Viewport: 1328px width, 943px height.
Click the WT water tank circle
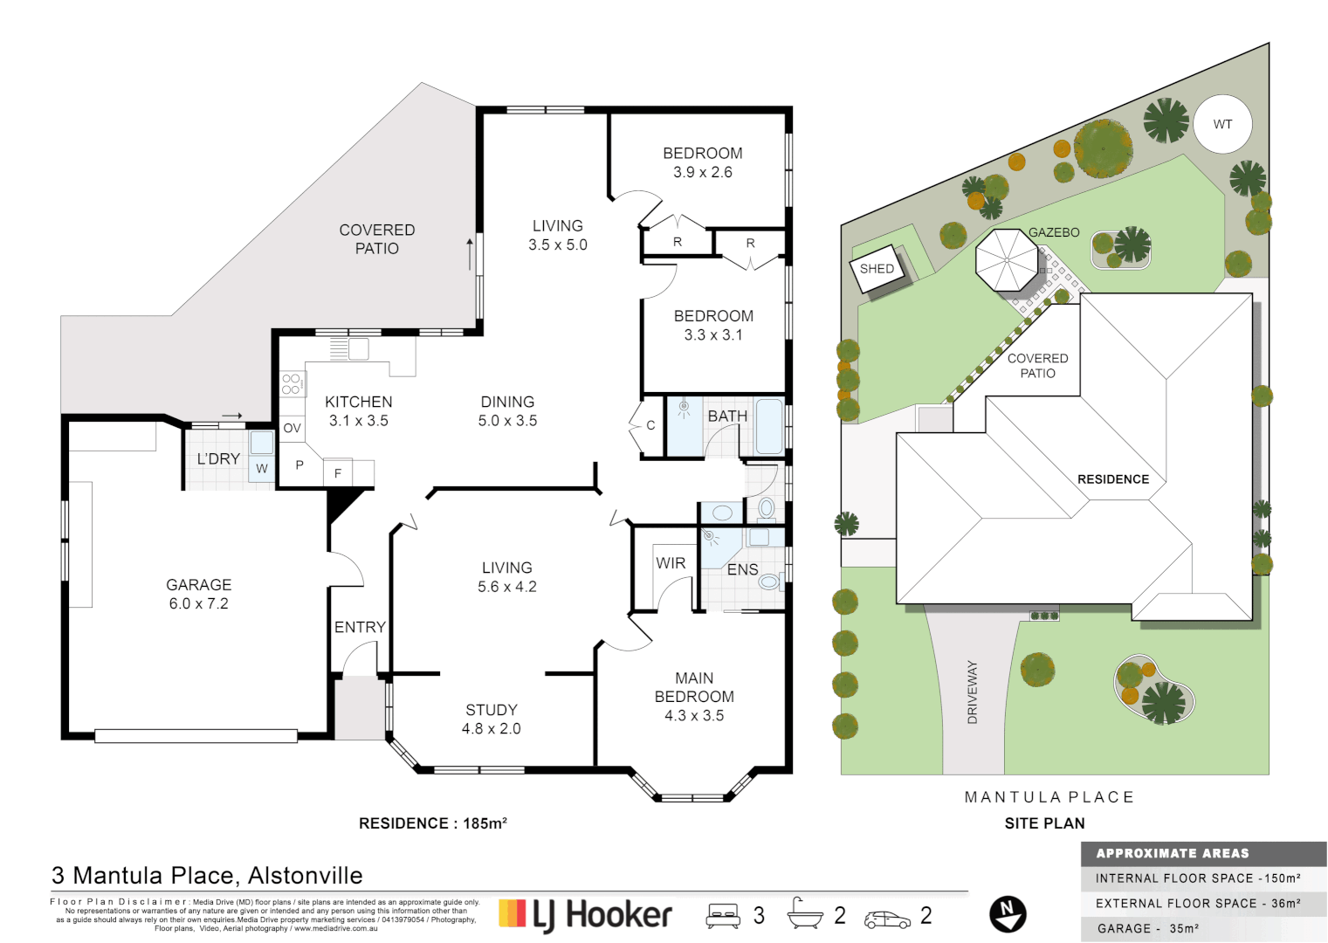click(x=1222, y=124)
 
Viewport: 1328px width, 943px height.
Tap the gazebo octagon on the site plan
click(x=1007, y=260)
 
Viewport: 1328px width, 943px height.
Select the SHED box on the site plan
click(x=877, y=269)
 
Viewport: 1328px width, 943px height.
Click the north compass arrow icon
click(x=1008, y=914)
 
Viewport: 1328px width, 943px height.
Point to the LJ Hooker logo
click(x=585, y=914)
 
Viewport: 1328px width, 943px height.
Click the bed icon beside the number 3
click(x=723, y=915)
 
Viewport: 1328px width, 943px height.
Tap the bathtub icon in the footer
click(x=804, y=914)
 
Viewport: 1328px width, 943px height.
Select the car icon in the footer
click(x=887, y=919)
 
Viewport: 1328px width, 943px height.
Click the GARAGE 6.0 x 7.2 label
click(x=199, y=594)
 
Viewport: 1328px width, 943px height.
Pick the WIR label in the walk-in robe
click(x=671, y=563)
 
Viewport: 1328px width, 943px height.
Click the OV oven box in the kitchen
click(x=292, y=428)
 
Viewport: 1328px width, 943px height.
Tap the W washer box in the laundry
click(x=262, y=469)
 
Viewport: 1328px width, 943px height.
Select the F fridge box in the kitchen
click(x=338, y=473)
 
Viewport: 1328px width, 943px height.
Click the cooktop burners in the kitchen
click(x=292, y=383)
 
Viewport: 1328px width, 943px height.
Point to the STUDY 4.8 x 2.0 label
click(x=491, y=719)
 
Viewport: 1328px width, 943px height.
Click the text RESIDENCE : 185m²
click(x=433, y=823)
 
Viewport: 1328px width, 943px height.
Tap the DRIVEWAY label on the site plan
click(x=973, y=692)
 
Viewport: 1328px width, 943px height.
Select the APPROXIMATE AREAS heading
click(x=1172, y=853)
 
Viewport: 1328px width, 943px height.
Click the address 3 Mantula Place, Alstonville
click(x=207, y=875)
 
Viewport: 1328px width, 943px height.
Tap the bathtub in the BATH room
click(x=768, y=425)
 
